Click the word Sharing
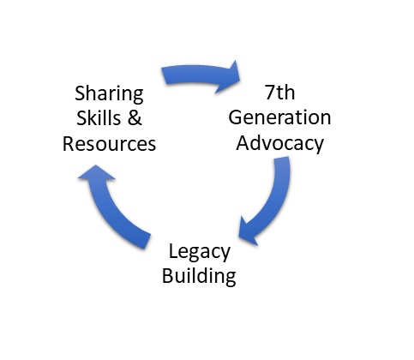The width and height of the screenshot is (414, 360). click(x=109, y=94)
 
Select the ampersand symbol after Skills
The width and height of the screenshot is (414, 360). click(x=135, y=117)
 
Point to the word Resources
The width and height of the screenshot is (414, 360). click(x=109, y=144)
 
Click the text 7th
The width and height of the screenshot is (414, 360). click(x=280, y=93)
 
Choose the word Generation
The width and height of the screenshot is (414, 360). click(x=279, y=117)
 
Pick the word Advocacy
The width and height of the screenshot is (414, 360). click(x=280, y=143)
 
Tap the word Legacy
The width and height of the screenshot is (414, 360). click(x=200, y=252)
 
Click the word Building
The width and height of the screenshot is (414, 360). click(x=199, y=276)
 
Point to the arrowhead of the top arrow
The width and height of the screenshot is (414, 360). click(x=230, y=76)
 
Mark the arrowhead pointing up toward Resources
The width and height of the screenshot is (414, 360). click(x=96, y=173)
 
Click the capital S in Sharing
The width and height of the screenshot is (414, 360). click(x=81, y=93)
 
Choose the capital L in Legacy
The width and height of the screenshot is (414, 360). click(x=173, y=251)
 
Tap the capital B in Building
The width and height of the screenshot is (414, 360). click(x=167, y=275)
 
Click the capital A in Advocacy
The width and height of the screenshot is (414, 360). click(x=243, y=142)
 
